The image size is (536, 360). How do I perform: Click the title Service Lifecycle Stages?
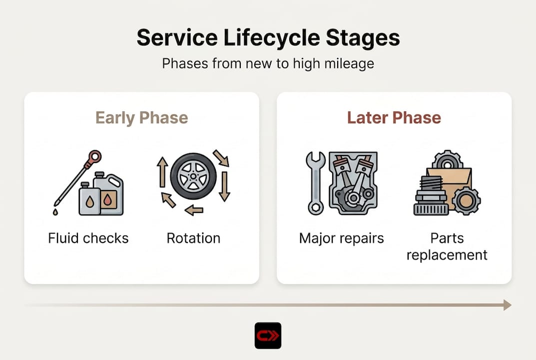[268, 38]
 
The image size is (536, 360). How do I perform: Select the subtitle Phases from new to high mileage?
[268, 64]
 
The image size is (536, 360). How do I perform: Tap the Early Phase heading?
[141, 118]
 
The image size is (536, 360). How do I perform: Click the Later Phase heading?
[394, 118]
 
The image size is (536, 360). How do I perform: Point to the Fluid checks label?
[88, 238]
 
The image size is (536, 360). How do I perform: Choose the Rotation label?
[193, 238]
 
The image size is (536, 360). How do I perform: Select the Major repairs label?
[342, 238]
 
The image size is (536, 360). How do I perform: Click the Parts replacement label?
[447, 246]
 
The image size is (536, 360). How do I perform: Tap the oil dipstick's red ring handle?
[93, 158]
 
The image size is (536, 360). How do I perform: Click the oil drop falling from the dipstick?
[55, 212]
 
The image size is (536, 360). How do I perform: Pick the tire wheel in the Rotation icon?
[193, 176]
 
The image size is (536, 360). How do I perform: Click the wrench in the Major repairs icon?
[315, 183]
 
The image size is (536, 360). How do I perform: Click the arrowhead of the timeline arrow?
[507, 305]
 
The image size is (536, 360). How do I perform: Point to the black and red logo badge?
[268, 335]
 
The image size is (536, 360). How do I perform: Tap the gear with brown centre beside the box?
[466, 200]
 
